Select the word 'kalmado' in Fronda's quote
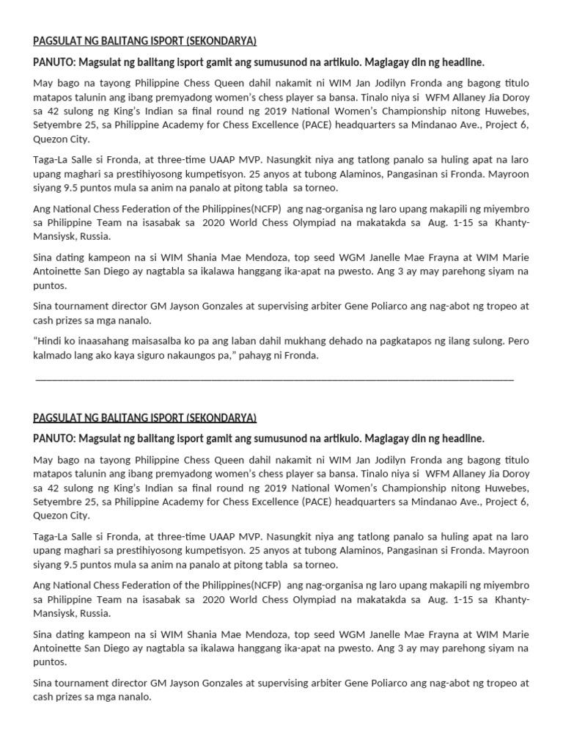(x=52, y=355)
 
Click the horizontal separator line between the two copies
(x=274, y=379)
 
